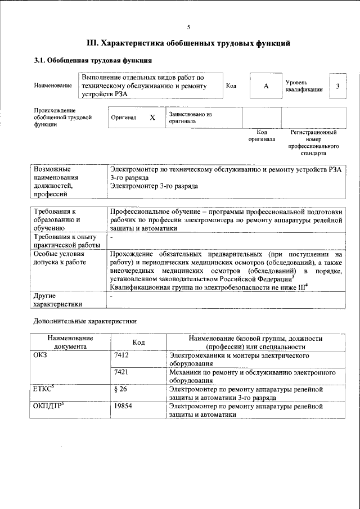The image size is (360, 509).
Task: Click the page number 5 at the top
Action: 188,26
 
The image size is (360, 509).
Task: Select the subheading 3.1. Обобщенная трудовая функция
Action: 93,60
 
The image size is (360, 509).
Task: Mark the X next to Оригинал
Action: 152,118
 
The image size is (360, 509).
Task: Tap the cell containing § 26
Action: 120,389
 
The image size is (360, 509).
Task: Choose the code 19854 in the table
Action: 123,405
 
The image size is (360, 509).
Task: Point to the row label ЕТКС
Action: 43,389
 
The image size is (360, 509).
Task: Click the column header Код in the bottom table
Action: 138,343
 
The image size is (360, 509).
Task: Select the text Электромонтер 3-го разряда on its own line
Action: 154,186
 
